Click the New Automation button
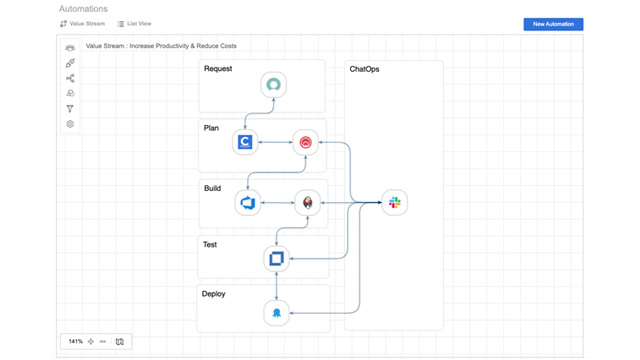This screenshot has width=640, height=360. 553,24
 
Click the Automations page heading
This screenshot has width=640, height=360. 83,9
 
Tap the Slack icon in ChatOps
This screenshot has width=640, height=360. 394,203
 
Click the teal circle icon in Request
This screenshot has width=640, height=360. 273,85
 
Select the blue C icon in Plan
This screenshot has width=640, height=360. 245,142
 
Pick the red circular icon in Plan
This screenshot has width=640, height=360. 305,142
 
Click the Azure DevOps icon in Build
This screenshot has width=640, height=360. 248,203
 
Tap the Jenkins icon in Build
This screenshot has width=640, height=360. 308,203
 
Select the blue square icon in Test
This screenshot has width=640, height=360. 276,258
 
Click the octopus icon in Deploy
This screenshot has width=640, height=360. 276,313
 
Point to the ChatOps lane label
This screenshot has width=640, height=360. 364,69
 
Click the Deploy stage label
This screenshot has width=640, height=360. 214,294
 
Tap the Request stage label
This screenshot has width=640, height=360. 218,69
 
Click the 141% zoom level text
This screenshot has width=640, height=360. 75,342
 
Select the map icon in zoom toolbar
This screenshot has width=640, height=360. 120,342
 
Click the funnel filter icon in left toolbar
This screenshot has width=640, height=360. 70,109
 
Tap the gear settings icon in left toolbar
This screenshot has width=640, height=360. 70,124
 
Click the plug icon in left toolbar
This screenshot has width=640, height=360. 70,63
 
